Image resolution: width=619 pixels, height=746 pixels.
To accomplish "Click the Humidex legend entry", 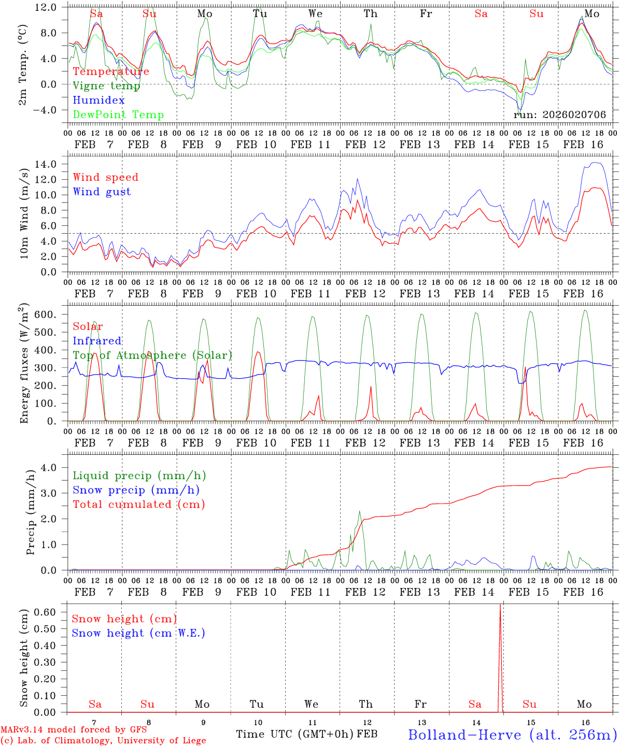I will (99, 101).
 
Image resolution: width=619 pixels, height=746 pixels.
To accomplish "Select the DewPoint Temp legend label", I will (118, 115).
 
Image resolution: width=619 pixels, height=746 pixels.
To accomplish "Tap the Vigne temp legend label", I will (106, 86).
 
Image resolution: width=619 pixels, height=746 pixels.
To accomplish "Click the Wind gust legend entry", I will (102, 192).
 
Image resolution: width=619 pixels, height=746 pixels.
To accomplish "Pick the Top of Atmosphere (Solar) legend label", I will (152, 355).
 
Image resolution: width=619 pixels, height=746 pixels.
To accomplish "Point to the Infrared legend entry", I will (97, 341).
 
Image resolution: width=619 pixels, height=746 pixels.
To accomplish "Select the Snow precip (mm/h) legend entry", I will (136, 490).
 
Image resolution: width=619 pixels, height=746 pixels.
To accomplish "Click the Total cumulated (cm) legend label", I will (138, 505).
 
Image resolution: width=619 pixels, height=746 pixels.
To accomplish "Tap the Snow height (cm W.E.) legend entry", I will (138, 633).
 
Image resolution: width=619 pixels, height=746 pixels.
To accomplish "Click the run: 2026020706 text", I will (559, 115).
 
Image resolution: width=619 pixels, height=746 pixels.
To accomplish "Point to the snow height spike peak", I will (500, 605).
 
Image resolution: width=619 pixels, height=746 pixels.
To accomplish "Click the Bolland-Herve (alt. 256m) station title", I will (512, 735).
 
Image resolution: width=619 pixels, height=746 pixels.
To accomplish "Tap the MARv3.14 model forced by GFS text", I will (74, 730).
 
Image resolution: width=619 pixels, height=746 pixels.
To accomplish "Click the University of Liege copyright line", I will (103, 741).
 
